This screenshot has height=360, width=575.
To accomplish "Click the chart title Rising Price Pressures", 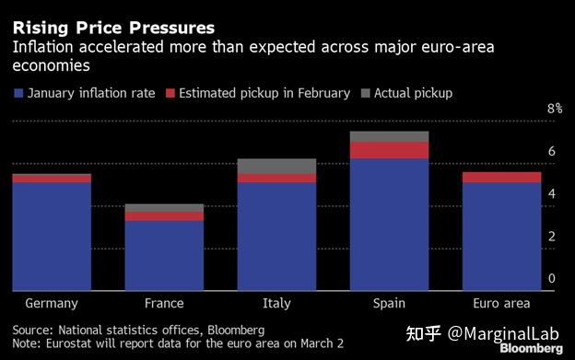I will [x=113, y=28].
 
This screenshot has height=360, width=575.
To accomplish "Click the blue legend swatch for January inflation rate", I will [x=18, y=93].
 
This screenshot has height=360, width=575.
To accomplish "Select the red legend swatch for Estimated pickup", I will [x=170, y=93].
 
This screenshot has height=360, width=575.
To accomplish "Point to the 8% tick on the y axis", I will [x=554, y=109].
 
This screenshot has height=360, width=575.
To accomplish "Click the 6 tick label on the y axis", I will [x=551, y=151].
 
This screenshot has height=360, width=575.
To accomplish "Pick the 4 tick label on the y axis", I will [x=551, y=194].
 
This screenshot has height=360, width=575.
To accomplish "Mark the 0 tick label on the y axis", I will [x=551, y=279].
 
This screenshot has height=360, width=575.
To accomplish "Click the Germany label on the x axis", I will [x=52, y=303].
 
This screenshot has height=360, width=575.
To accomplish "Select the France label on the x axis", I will [x=164, y=303].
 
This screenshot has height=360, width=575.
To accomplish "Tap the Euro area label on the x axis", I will [x=501, y=303].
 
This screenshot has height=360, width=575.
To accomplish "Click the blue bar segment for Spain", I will [x=389, y=224].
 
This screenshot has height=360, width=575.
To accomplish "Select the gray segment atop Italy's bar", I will [x=276, y=166].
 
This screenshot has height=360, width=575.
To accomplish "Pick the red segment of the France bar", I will [x=164, y=216].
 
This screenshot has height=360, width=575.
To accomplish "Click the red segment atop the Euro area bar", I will [x=501, y=177].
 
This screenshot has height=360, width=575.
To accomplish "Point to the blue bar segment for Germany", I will [x=52, y=236].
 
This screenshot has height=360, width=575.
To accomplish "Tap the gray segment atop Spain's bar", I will [x=389, y=136].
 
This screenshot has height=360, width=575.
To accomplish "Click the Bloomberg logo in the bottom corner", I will [x=532, y=350].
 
